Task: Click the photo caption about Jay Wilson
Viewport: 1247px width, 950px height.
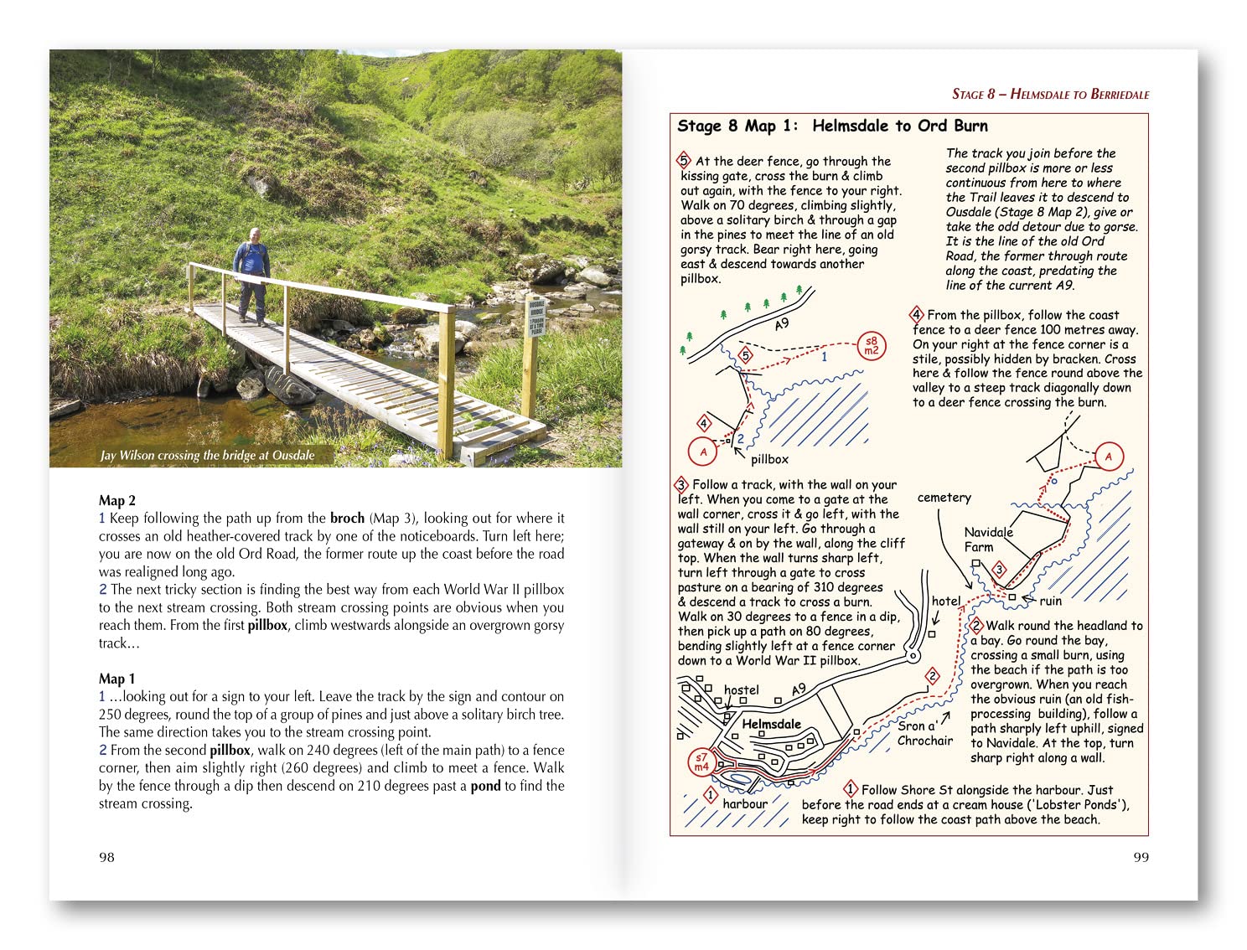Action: pos(207,456)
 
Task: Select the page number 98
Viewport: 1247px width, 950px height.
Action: pos(106,857)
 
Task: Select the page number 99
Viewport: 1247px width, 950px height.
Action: pos(1141,857)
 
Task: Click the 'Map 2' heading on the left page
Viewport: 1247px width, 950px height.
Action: pos(117,500)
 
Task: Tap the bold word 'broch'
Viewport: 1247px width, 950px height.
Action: pos(347,518)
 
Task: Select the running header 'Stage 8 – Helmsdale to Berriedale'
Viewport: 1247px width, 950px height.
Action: pos(1050,94)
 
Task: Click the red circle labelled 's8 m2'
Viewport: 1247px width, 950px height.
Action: pos(872,345)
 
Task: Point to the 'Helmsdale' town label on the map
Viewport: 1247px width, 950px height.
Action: pos(771,724)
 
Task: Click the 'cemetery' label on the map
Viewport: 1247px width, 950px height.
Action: pos(944,498)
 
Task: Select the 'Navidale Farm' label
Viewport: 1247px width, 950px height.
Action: pos(987,540)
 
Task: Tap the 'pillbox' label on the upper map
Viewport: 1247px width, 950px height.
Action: pos(769,459)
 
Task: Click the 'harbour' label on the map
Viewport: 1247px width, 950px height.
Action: pos(745,803)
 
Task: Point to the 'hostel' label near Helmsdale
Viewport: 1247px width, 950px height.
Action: pos(741,690)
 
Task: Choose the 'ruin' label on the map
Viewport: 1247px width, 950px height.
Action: pos(1050,601)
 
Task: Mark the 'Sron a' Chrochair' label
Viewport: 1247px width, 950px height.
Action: pos(924,733)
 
